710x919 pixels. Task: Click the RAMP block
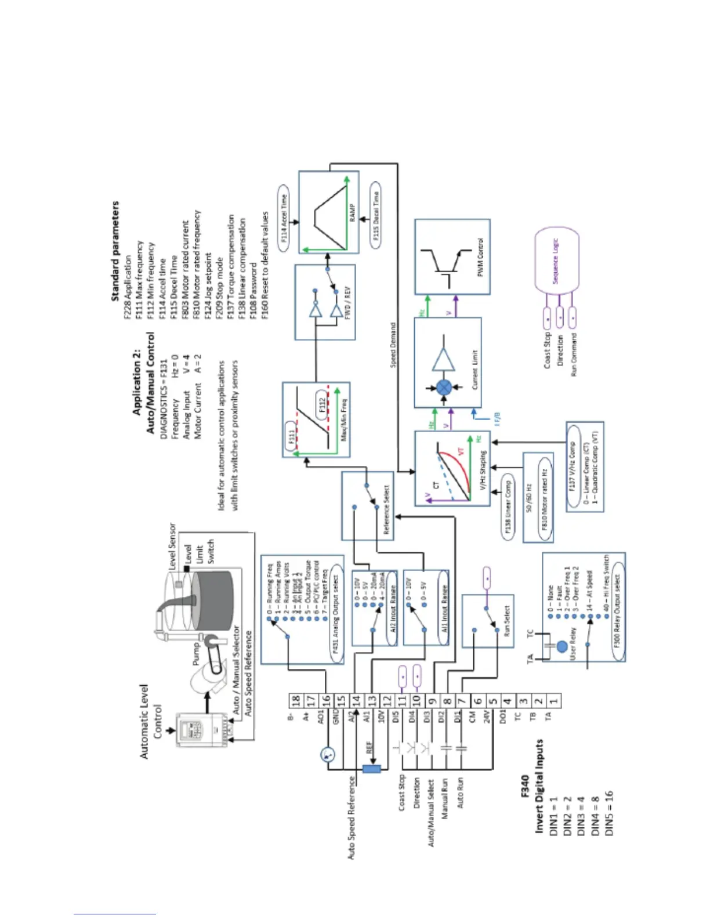tap(328, 212)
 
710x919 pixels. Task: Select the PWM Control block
tap(452, 256)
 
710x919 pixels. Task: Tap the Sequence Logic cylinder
tap(556, 261)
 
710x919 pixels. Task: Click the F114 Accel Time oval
tap(284, 218)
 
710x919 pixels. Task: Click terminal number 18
tap(296, 700)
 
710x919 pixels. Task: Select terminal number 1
tap(553, 700)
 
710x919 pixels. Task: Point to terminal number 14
tap(356, 700)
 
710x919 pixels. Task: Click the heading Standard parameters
tap(115, 251)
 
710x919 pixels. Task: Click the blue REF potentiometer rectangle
tap(371, 769)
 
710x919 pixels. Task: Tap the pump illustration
tap(206, 667)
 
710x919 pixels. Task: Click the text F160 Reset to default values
tap(265, 259)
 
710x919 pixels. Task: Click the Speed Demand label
tap(393, 345)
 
